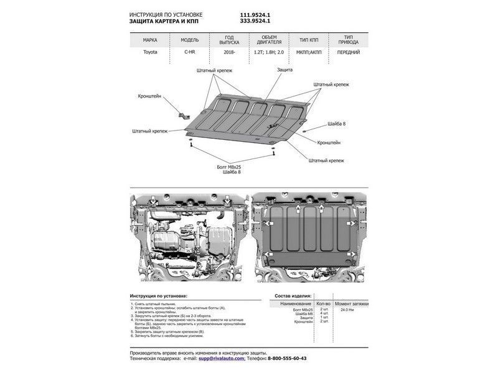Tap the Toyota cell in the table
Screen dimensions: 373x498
[x=150, y=52]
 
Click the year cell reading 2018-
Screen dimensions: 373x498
[x=230, y=52]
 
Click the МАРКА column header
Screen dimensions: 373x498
[x=150, y=40]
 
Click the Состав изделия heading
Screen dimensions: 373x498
[x=293, y=297]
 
